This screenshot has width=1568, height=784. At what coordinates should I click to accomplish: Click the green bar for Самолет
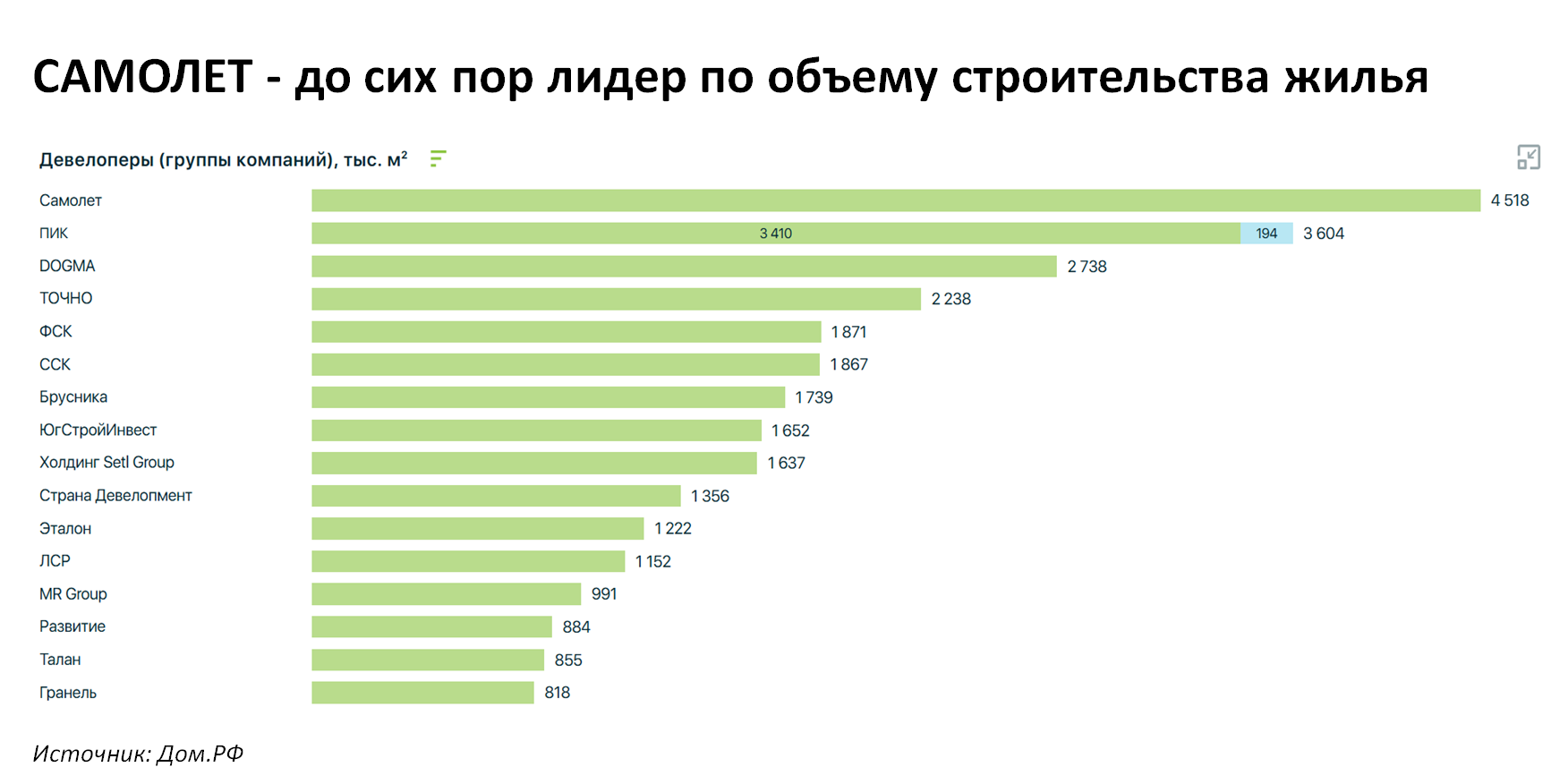pyautogui.click(x=896, y=200)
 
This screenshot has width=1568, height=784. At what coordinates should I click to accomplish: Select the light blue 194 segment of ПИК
pyautogui.click(x=1266, y=234)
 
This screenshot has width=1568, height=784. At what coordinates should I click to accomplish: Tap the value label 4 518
pyautogui.click(x=1510, y=200)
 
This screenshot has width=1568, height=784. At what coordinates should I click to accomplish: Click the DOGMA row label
pyautogui.click(x=67, y=266)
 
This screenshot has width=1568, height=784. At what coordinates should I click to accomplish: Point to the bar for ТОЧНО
pyautogui.click(x=616, y=299)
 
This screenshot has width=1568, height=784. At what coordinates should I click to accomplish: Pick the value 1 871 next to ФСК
pyautogui.click(x=848, y=332)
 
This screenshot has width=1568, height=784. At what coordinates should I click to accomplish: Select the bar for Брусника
pyautogui.click(x=548, y=397)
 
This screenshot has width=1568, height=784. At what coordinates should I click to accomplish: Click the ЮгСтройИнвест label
pyautogui.click(x=98, y=430)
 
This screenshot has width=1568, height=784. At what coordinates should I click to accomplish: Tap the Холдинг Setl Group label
pyautogui.click(x=107, y=463)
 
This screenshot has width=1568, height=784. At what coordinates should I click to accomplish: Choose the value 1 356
pyautogui.click(x=710, y=496)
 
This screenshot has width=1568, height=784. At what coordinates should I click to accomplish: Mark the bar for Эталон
pyautogui.click(x=478, y=529)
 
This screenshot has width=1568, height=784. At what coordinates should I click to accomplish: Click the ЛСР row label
pyautogui.click(x=55, y=561)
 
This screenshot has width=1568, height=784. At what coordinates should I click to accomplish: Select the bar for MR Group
pyautogui.click(x=447, y=594)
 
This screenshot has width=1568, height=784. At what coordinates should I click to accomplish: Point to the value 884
pyautogui.click(x=576, y=627)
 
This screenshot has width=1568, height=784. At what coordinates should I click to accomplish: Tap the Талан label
pyautogui.click(x=60, y=660)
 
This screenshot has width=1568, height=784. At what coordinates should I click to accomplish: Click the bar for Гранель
pyautogui.click(x=422, y=693)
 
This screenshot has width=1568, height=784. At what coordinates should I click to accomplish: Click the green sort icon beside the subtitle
pyautogui.click(x=438, y=158)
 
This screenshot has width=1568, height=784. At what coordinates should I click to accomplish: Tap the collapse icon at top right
pyautogui.click(x=1529, y=158)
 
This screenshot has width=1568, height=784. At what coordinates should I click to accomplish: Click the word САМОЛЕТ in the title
pyautogui.click(x=142, y=77)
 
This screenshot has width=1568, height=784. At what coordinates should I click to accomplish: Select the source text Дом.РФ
pyautogui.click(x=200, y=754)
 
